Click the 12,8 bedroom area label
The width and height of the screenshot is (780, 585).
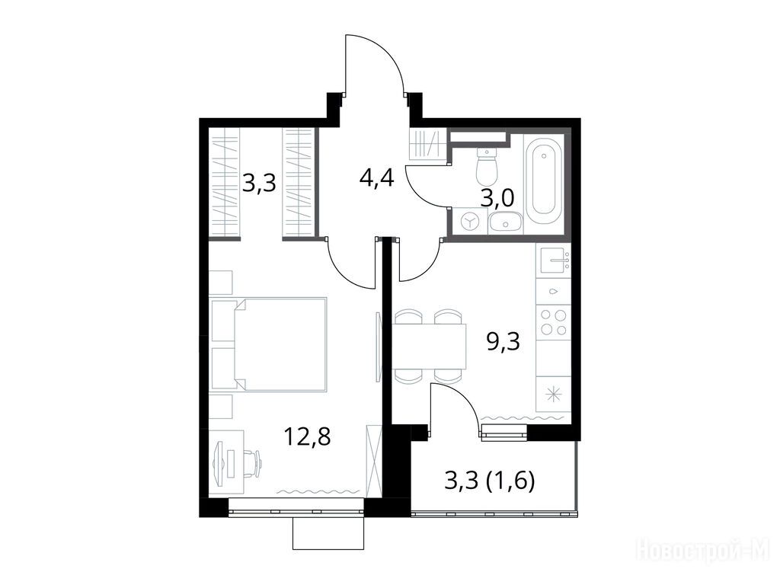307,437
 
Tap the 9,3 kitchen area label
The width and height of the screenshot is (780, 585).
503,342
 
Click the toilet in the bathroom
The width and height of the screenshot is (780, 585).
486,165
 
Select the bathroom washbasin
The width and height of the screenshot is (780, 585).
505,223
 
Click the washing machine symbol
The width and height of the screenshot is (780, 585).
469,223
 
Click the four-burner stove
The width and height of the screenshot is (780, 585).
554,322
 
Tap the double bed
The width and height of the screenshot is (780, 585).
269,344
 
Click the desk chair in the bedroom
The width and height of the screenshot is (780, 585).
252,462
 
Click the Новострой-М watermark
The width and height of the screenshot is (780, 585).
705,551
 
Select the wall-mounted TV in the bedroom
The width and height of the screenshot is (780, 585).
379,347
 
